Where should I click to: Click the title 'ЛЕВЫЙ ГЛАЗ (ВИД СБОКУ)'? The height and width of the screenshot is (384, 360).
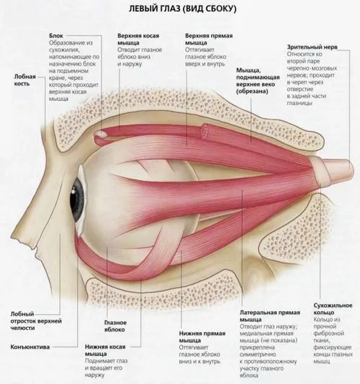point(183,9)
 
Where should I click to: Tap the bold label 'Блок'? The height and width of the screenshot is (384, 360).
point(56,36)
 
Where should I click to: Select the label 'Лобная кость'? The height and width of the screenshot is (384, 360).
point(25,80)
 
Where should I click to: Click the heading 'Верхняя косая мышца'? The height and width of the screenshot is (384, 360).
point(138,39)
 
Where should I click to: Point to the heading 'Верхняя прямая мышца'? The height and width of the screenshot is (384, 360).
point(209,39)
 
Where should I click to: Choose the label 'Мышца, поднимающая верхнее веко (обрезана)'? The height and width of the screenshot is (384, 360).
point(258,81)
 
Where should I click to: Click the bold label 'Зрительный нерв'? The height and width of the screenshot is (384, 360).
point(312,47)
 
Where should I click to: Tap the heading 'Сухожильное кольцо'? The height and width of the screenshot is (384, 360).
point(333,309)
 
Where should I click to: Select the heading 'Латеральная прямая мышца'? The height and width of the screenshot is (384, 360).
point(270,316)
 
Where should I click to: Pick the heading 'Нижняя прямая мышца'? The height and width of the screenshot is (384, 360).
point(202,336)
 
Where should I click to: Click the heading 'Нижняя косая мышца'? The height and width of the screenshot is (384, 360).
point(105,350)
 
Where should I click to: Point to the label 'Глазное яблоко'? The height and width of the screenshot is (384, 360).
point(115,326)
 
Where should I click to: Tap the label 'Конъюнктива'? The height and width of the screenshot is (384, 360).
point(30,347)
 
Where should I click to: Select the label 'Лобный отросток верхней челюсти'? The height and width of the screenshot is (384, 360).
point(36,321)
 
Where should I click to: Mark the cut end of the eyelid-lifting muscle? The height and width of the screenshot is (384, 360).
point(205,131)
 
